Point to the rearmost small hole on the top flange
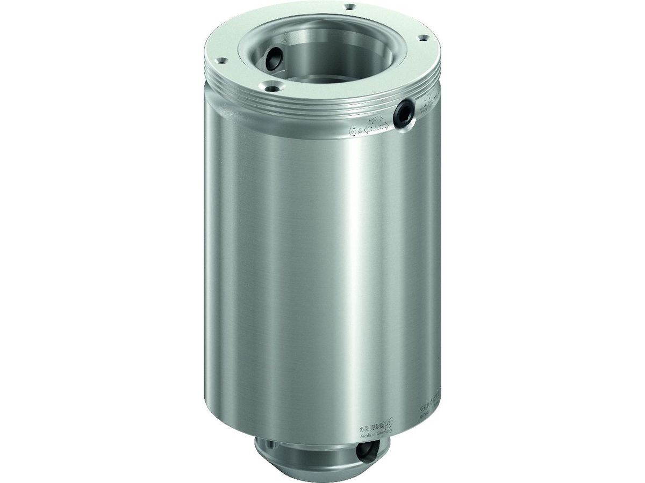tap(351, 6)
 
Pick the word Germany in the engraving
tap(385, 434)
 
